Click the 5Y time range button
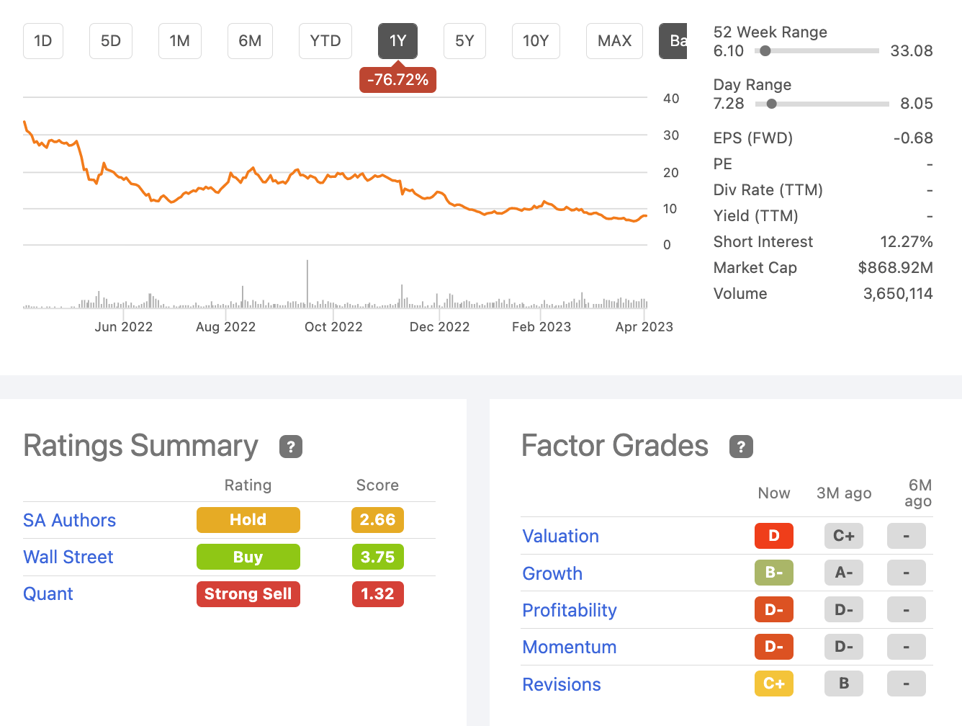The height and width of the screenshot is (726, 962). coord(464,41)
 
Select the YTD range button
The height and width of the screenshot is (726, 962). coord(325,41)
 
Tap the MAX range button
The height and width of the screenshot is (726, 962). coord(614,41)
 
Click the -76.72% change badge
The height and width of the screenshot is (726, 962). coord(397,80)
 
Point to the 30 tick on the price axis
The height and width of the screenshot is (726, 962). coord(671,135)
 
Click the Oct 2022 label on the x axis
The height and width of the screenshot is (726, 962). coord(333,327)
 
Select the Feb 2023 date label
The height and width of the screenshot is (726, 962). coord(541,327)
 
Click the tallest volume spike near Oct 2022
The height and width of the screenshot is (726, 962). coord(307,282)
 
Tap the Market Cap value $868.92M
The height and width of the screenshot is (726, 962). coord(895,268)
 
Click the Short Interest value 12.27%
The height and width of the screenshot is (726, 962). coord(906,242)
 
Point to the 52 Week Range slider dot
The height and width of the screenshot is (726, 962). coord(765,51)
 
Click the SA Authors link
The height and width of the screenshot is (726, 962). coord(69,520)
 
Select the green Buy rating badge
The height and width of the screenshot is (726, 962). coord(248,557)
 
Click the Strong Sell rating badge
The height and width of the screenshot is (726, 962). coord(248,594)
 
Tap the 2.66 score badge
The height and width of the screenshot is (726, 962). coord(377,520)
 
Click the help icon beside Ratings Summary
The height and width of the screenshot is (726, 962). coord(291,447)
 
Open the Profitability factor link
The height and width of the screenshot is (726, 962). coord(569,610)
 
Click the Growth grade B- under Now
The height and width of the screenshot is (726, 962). coord(773,573)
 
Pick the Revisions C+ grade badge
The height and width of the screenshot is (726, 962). coord(773,684)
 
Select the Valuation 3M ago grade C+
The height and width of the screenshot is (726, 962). coord(843,536)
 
